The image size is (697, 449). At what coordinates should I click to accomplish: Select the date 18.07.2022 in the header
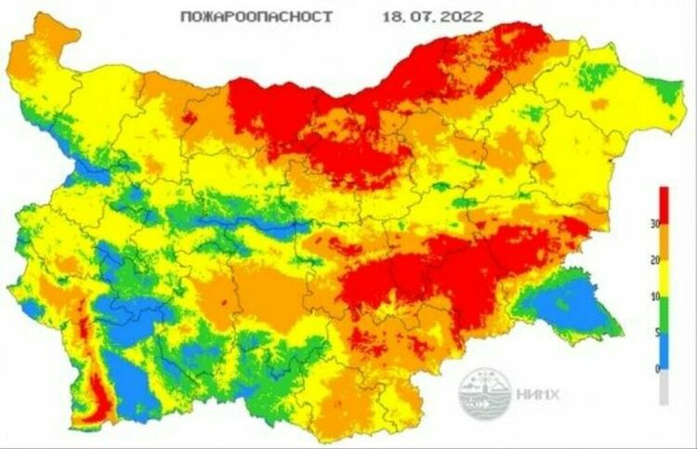coord(431,18)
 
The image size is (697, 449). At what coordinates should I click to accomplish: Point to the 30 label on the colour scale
coord(654,225)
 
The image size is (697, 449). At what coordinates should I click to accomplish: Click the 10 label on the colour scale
coord(654,297)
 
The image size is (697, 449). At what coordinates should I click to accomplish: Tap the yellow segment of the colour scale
coord(664,279)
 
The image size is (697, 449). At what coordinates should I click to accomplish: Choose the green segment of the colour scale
coord(664,315)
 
